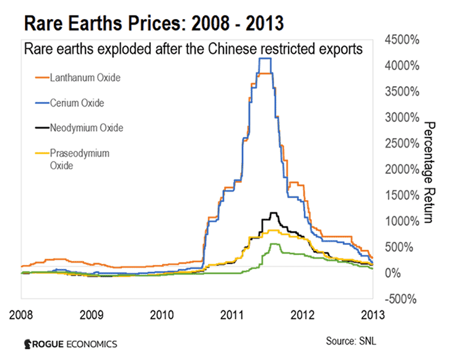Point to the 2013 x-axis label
pyautogui.click(x=372, y=313)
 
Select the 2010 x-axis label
pyautogui.click(x=161, y=313)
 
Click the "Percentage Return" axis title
pyautogui.click(x=429, y=171)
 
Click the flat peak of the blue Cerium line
pyautogui.click(x=266, y=59)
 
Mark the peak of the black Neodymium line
pyautogui.click(x=274, y=213)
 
